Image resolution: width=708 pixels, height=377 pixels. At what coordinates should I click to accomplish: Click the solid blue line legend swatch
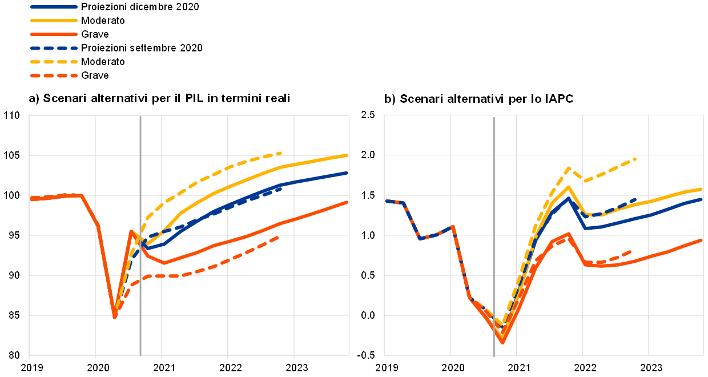pyautogui.click(x=54, y=7)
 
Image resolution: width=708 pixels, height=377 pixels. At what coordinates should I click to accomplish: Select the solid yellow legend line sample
pyautogui.click(x=54, y=21)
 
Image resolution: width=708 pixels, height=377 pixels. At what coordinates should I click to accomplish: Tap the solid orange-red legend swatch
pyautogui.click(x=54, y=34)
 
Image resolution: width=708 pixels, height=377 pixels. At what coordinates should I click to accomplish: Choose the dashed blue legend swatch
pyautogui.click(x=54, y=48)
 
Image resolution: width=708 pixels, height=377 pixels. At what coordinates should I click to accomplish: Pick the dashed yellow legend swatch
pyautogui.click(x=54, y=62)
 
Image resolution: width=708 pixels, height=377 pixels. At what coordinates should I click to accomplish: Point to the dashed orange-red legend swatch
pyautogui.click(x=54, y=75)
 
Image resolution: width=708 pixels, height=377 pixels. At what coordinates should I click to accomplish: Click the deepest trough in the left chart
pyautogui.click(x=115, y=316)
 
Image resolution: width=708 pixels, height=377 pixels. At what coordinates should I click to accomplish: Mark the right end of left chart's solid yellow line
pyautogui.click(x=347, y=155)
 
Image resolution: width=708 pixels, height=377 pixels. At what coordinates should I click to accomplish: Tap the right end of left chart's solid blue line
pyautogui.click(x=347, y=173)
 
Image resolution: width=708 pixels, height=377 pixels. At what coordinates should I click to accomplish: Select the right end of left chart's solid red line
pyautogui.click(x=347, y=202)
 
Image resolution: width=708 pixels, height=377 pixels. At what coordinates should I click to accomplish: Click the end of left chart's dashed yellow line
pyautogui.click(x=281, y=153)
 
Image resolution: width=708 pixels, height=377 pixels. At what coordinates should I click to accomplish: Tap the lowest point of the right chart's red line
pyautogui.click(x=502, y=342)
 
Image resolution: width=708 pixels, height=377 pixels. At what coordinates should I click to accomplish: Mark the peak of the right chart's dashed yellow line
pyautogui.click(x=569, y=168)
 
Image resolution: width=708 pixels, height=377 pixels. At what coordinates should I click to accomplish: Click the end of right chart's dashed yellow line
pyautogui.click(x=635, y=159)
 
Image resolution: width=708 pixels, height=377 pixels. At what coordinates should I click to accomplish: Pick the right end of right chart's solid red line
pyautogui.click(x=701, y=240)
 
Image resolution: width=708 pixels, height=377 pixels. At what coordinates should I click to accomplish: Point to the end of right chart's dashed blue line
pyautogui.click(x=635, y=199)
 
